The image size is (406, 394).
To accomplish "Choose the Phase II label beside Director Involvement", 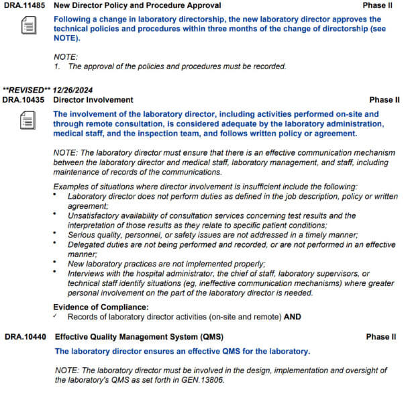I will coord(384,99).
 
